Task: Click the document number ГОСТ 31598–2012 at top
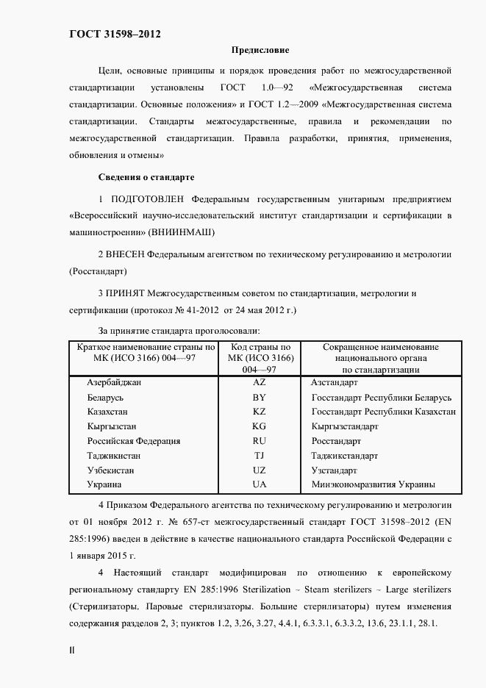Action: click(115, 35)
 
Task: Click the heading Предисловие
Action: click(260, 51)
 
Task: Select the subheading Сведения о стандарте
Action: click(146, 178)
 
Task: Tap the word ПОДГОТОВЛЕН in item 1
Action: click(147, 199)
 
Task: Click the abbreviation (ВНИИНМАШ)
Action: click(180, 232)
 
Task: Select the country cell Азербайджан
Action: click(114, 383)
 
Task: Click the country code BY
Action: click(259, 398)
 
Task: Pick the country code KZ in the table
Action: click(259, 412)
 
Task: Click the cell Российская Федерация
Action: click(133, 441)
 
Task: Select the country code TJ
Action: click(259, 456)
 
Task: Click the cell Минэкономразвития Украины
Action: click(373, 484)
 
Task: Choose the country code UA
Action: click(259, 484)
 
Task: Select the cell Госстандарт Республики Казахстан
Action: click(383, 412)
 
